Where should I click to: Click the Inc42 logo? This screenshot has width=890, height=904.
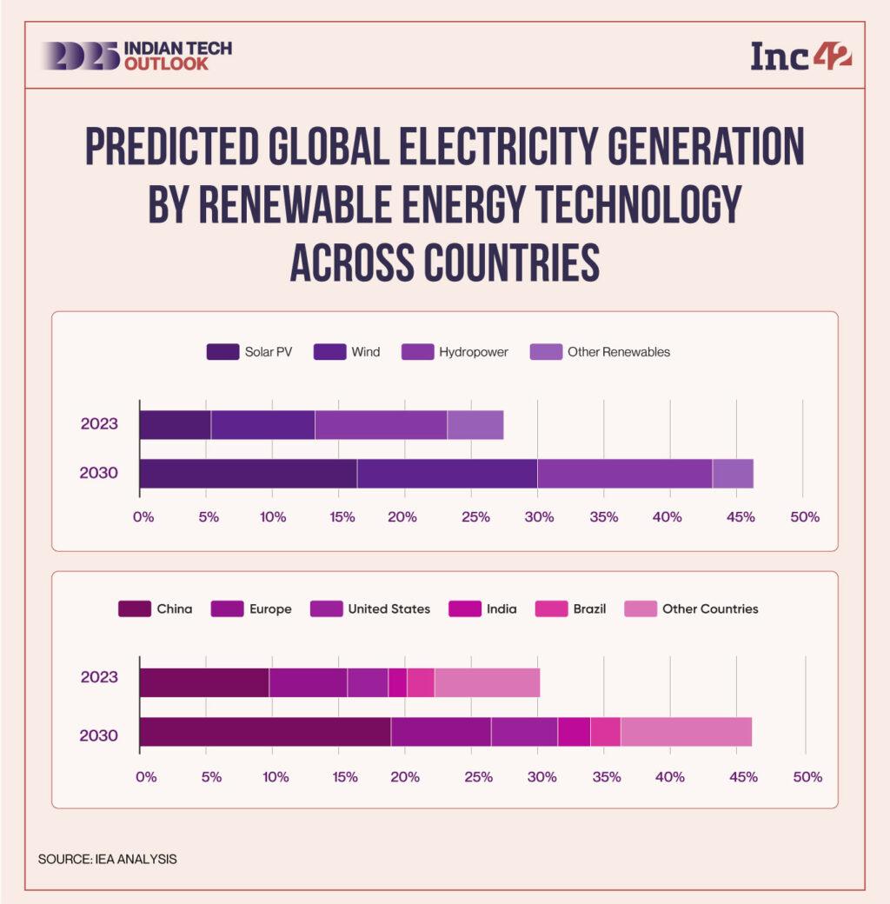pyautogui.click(x=800, y=56)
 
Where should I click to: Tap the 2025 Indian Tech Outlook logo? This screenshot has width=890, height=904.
pyautogui.click(x=136, y=56)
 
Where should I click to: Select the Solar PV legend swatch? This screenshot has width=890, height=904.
pyautogui.click(x=222, y=352)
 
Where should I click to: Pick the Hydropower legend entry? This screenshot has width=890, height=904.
pyautogui.click(x=455, y=352)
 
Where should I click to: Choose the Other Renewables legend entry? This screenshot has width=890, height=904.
pyautogui.click(x=600, y=352)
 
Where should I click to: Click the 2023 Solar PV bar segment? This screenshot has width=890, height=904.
pyautogui.click(x=175, y=425)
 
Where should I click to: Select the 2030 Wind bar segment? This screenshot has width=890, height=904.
pyautogui.click(x=447, y=474)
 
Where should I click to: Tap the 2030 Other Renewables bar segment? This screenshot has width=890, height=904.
pyautogui.click(x=733, y=474)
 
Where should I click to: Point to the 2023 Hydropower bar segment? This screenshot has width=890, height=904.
pyautogui.click(x=381, y=425)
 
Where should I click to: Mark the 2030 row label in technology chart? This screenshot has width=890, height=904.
pyautogui.click(x=98, y=474)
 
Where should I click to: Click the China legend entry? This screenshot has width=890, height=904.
pyautogui.click(x=156, y=608)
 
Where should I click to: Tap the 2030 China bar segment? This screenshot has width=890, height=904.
pyautogui.click(x=264, y=732)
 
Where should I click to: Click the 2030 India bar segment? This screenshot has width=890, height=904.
pyautogui.click(x=574, y=732)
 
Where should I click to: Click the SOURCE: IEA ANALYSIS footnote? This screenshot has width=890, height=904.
pyautogui.click(x=108, y=859)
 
